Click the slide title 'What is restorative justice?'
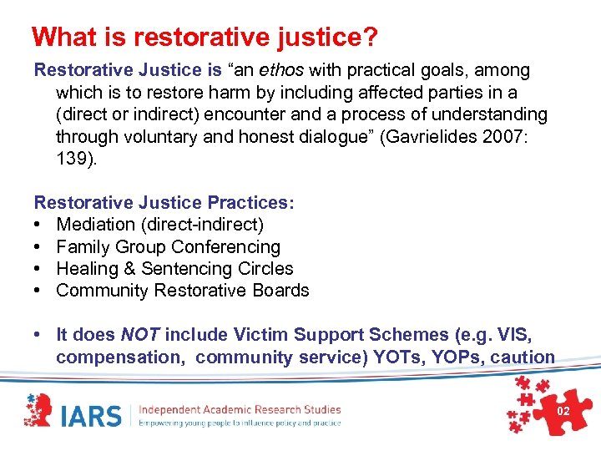[205, 37]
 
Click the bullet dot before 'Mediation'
[38, 225]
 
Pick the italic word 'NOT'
[140, 335]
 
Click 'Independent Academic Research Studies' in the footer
[240, 409]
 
